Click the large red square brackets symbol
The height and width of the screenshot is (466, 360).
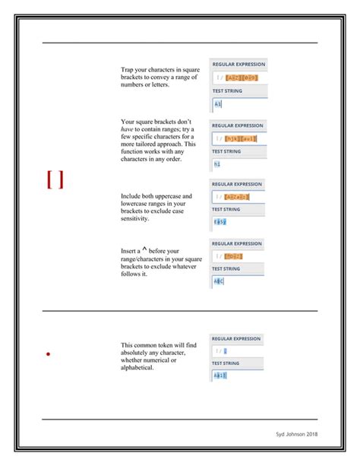pyautogui.click(x=54, y=179)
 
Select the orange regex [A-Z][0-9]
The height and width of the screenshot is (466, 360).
pyautogui.click(x=242, y=78)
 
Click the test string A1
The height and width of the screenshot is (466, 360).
pyautogui.click(x=217, y=104)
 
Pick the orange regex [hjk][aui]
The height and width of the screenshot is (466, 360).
pyautogui.click(x=241, y=138)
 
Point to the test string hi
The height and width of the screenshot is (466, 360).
pyautogui.click(x=216, y=163)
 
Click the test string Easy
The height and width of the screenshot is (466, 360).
pyautogui.click(x=219, y=222)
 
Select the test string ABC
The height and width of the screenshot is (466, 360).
pyautogui.click(x=219, y=281)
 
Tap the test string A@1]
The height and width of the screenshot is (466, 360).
pyautogui.click(x=219, y=375)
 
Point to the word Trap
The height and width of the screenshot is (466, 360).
pyautogui.click(x=128, y=70)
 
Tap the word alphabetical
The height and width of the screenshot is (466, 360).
pyautogui.click(x=137, y=368)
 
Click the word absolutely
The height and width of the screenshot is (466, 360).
pyautogui.click(x=137, y=353)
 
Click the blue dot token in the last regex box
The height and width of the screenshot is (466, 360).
pyautogui.click(x=225, y=350)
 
